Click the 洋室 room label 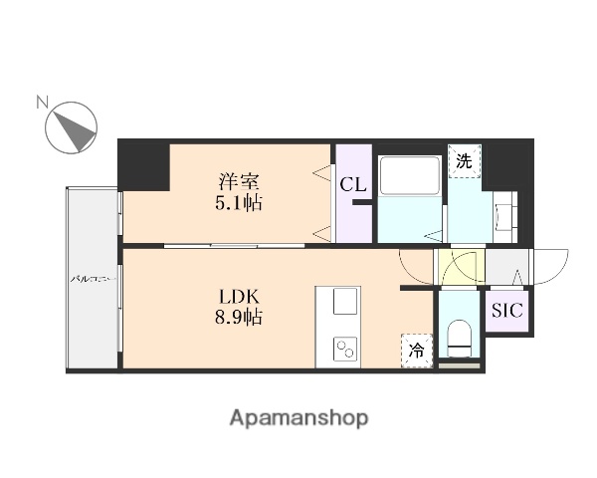(x=239, y=182)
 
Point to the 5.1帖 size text (x=240, y=203)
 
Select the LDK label (x=239, y=297)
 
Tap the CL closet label (x=351, y=185)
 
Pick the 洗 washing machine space (x=464, y=159)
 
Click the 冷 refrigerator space (x=417, y=351)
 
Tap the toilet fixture (x=459, y=337)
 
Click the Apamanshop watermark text (x=298, y=417)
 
